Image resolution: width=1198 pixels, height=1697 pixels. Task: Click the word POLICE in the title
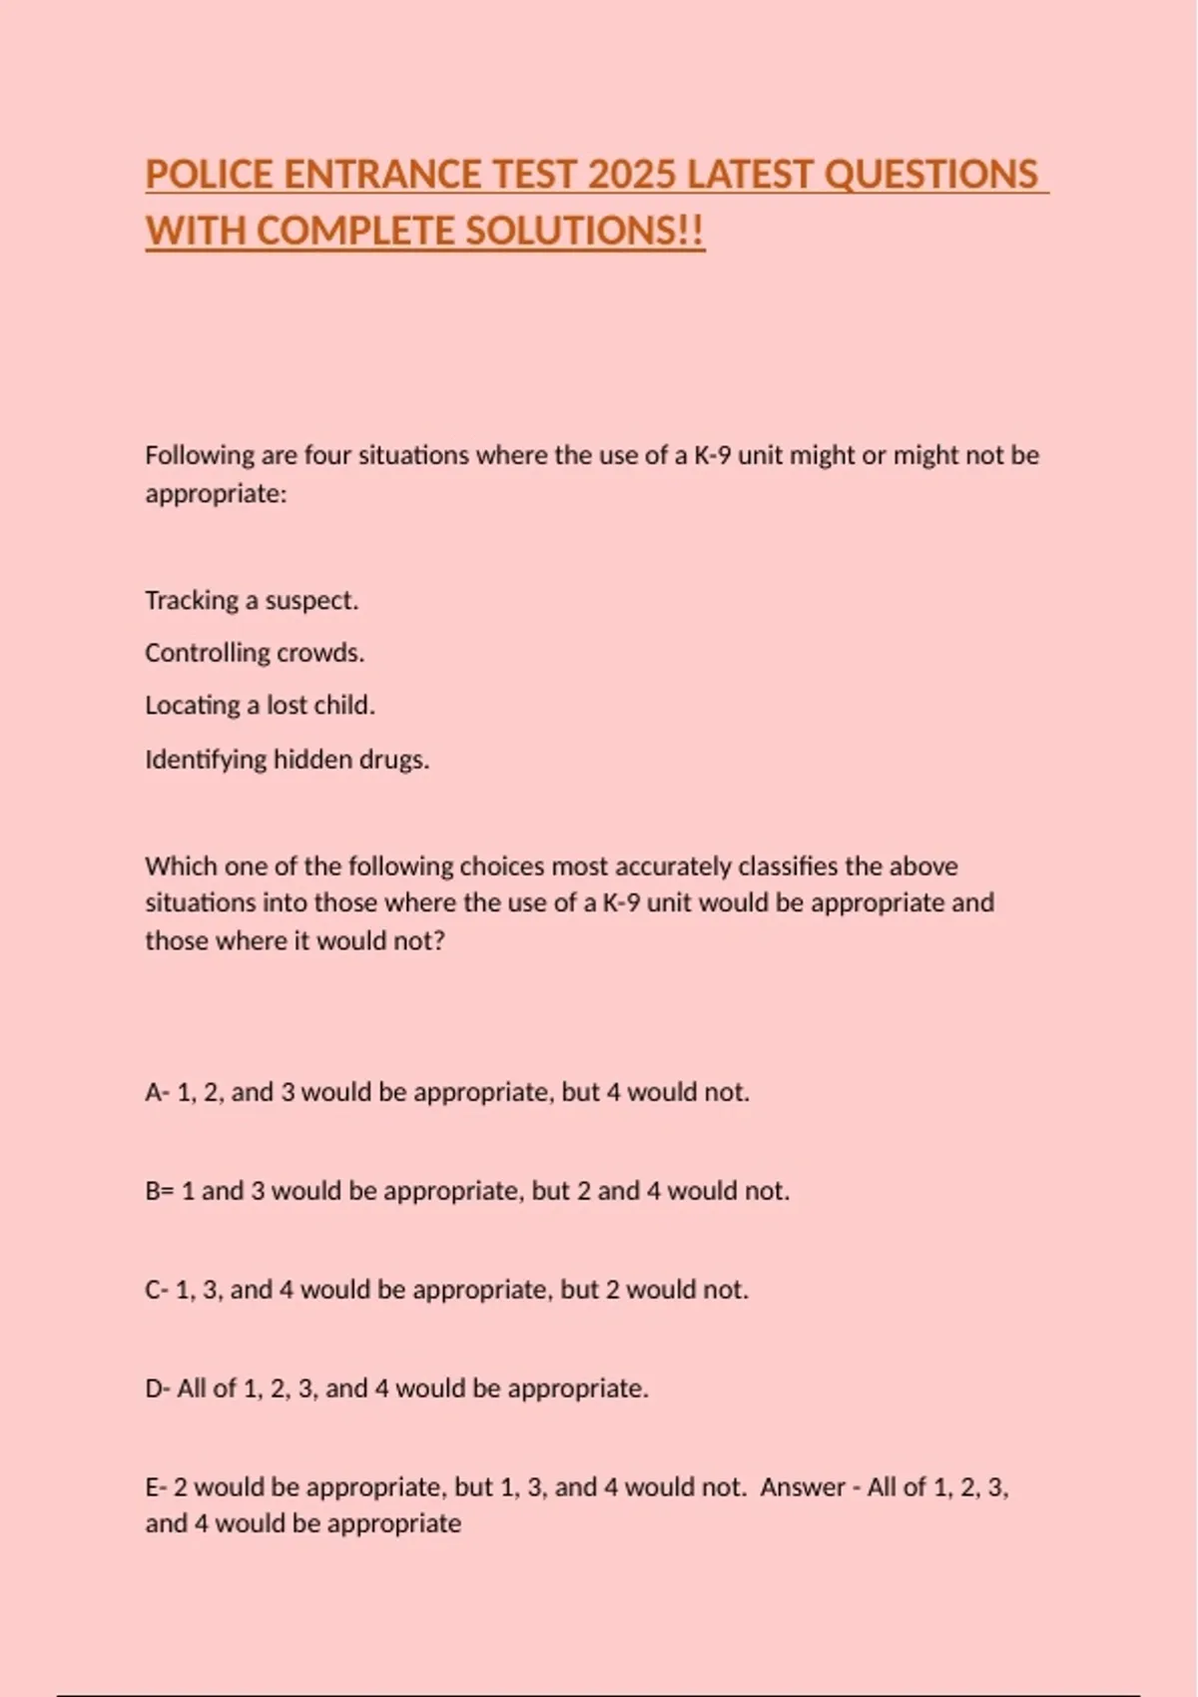point(209,175)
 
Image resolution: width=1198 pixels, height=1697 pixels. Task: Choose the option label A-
point(157,1092)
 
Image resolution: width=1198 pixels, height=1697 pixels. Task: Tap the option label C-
point(157,1290)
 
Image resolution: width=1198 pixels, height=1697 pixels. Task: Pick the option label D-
point(158,1389)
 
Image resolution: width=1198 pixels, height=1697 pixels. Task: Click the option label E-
point(156,1487)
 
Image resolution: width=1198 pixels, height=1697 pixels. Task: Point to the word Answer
point(803,1487)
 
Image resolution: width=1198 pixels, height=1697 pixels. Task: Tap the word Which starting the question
point(176,866)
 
